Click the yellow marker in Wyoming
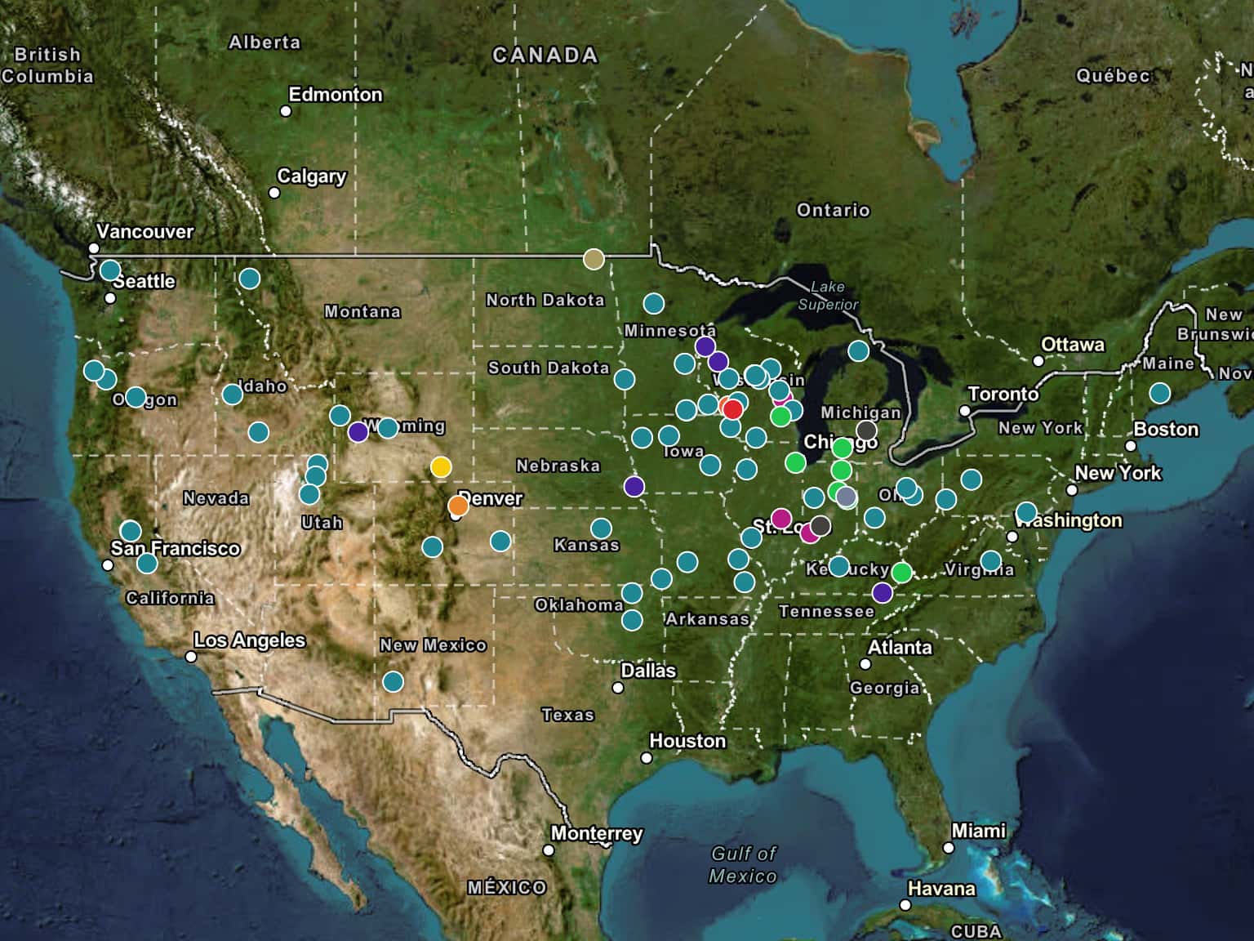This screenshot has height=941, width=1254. (x=441, y=467)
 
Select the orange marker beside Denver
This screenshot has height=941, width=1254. (x=458, y=506)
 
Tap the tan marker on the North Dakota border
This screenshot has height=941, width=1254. (x=594, y=259)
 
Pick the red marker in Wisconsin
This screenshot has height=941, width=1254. (x=732, y=409)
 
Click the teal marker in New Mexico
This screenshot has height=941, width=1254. (x=393, y=681)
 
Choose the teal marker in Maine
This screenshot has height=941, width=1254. (x=1159, y=393)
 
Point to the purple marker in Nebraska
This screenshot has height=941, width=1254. (x=634, y=487)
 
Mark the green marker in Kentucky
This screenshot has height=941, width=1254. (x=901, y=573)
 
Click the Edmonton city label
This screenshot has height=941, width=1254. (x=336, y=95)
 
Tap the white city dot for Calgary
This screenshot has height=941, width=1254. (x=274, y=193)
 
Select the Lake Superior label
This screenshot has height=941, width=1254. (x=828, y=296)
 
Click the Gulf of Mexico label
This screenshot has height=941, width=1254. (x=743, y=864)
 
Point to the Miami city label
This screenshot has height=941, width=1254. (x=978, y=831)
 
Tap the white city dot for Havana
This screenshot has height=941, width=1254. (x=905, y=905)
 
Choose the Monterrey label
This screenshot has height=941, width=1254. (x=597, y=833)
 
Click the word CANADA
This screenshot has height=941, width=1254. (x=545, y=56)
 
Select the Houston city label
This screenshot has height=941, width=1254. (x=687, y=741)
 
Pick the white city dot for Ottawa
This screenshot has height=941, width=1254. (x=1038, y=360)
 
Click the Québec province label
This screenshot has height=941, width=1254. (x=1113, y=76)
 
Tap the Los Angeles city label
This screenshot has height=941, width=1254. (x=249, y=640)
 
